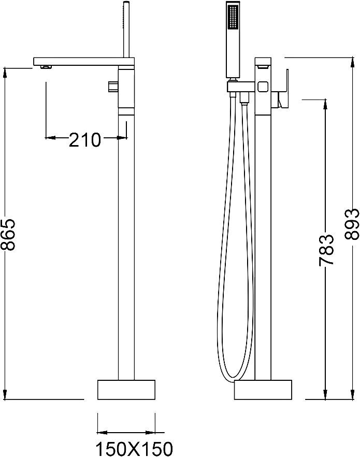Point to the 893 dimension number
click(x=351, y=224)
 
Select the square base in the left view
click(x=126, y=390)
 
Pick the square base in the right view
click(x=263, y=390)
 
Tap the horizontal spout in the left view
click(x=78, y=61)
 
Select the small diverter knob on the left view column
click(x=112, y=86)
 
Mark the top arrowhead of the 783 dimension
click(x=326, y=102)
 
